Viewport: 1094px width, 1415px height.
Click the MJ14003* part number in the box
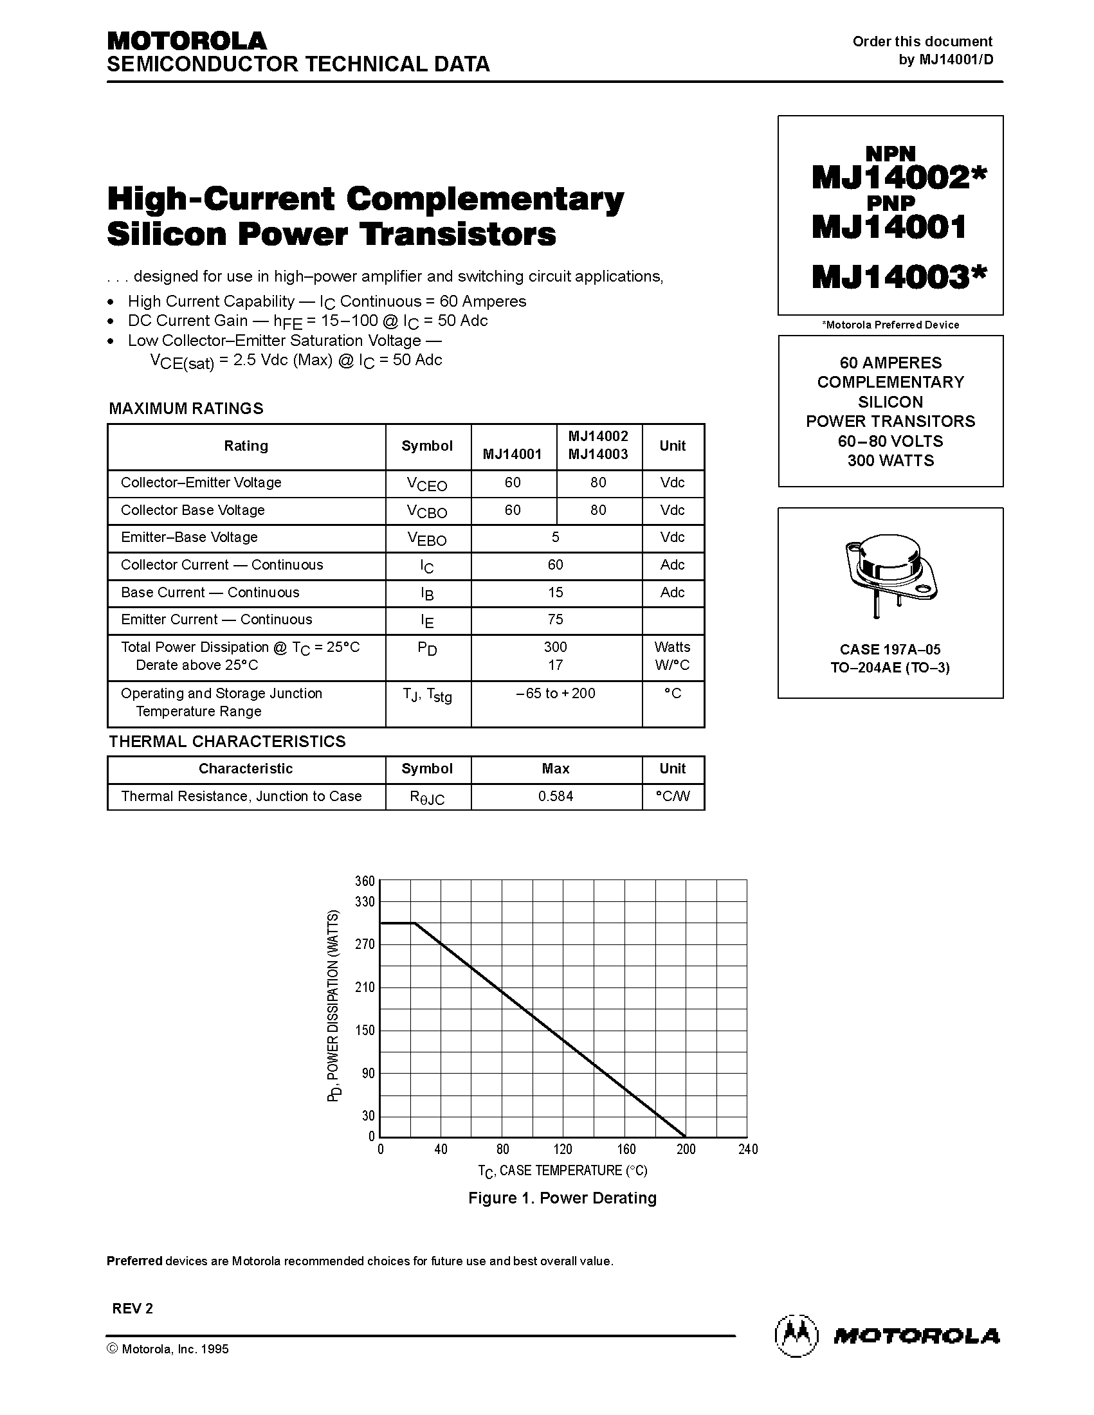click(x=898, y=277)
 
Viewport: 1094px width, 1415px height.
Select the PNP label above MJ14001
click(x=891, y=203)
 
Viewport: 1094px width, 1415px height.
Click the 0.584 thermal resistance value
click(x=556, y=797)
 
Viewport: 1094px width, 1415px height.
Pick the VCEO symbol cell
click(x=427, y=484)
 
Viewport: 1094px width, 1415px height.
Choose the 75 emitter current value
click(x=556, y=619)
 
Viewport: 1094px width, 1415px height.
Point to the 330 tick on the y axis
click(x=365, y=901)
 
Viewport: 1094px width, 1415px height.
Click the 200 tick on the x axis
click(x=686, y=1149)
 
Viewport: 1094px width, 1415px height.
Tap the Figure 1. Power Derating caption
click(x=562, y=1198)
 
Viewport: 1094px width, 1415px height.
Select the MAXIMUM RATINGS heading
click(x=186, y=408)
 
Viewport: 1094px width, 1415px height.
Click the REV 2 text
click(x=133, y=1308)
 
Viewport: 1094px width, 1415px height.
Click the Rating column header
click(x=246, y=446)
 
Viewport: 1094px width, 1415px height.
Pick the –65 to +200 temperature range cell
click(x=556, y=693)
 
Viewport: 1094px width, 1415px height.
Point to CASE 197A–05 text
click(x=890, y=649)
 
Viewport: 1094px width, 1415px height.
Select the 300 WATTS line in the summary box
click(x=891, y=461)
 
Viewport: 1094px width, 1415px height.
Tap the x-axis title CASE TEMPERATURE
click(x=562, y=1171)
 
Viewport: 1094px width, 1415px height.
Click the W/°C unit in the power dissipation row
click(x=672, y=665)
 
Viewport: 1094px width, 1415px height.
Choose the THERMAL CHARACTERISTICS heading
click(x=227, y=741)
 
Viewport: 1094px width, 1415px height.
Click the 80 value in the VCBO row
click(x=598, y=510)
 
